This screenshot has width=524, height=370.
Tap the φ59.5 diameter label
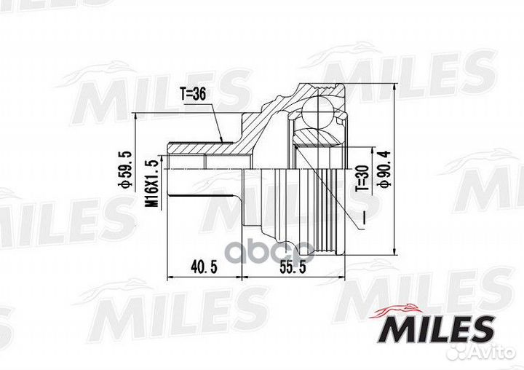[x=127, y=170]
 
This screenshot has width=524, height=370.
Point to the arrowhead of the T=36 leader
[x=221, y=140]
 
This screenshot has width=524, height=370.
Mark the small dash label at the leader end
[x=362, y=218]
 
